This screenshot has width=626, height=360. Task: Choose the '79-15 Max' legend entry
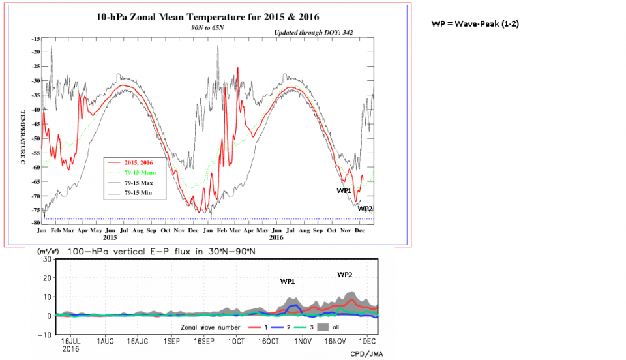pyautogui.click(x=143, y=183)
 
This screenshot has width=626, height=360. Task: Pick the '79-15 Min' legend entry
pyautogui.click(x=143, y=194)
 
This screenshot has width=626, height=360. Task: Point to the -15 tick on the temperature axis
pyautogui.click(x=35, y=39)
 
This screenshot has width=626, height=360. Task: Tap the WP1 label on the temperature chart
pyautogui.click(x=344, y=190)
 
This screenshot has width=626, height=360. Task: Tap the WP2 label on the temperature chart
pyautogui.click(x=365, y=209)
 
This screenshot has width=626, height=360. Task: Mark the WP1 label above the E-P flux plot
pyautogui.click(x=288, y=282)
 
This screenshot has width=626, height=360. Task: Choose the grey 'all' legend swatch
pyautogui.click(x=322, y=327)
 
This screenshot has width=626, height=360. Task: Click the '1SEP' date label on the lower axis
pyautogui.click(x=171, y=341)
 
